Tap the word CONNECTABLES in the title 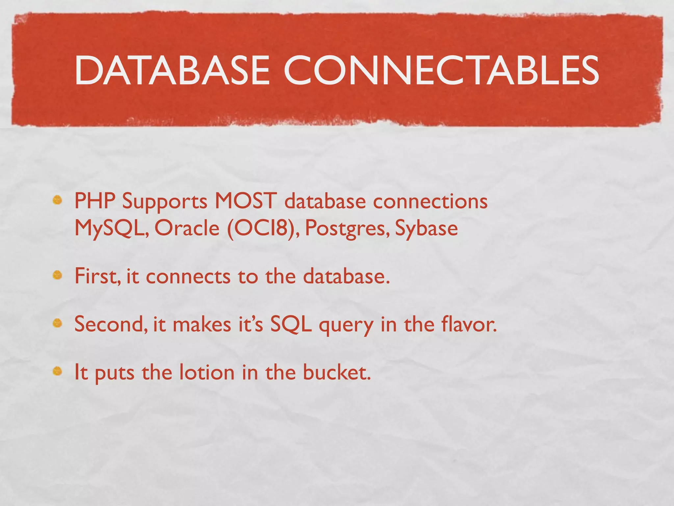pos(441,70)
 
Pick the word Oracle pos(187,228)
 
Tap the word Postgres pos(345,228)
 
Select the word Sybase pos(426,228)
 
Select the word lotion pos(207,372)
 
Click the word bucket pos(336,372)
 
